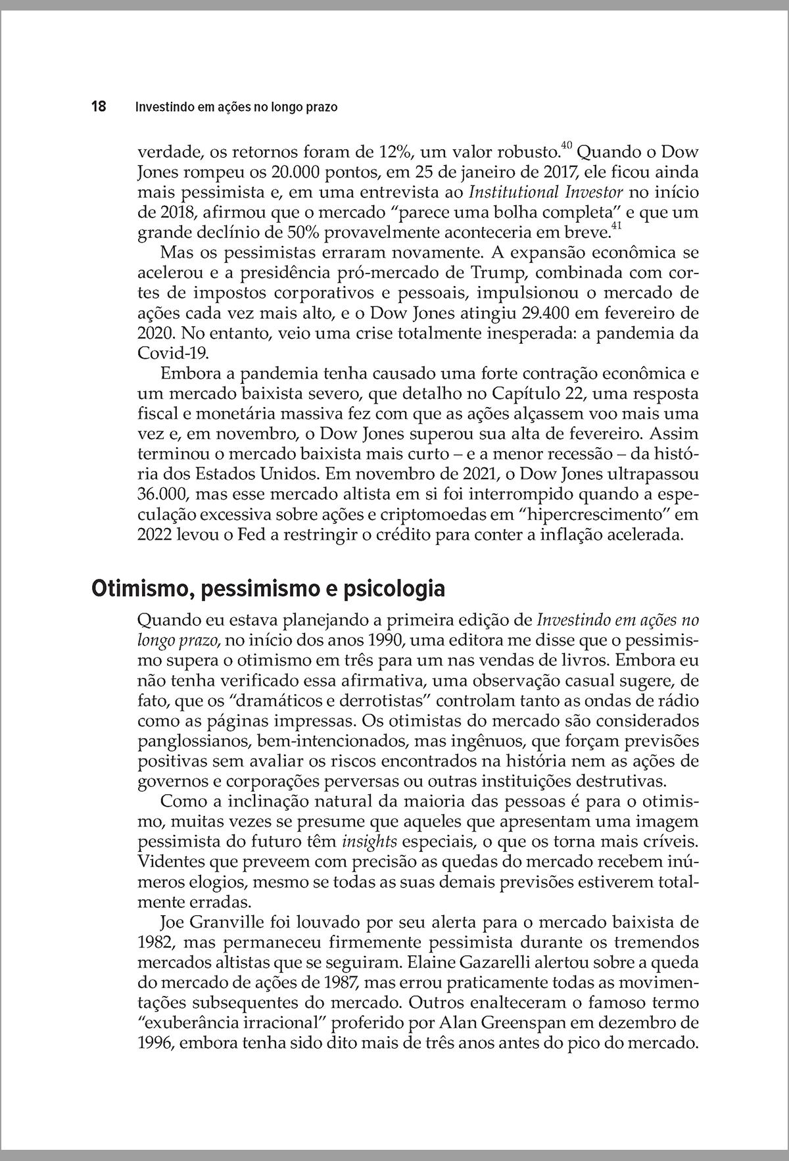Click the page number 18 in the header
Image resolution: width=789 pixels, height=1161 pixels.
point(99,107)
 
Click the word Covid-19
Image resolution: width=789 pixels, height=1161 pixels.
point(173,352)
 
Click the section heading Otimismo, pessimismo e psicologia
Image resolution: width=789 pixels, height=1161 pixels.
point(268,588)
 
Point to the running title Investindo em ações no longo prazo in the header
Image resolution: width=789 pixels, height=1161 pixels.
point(236,107)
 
